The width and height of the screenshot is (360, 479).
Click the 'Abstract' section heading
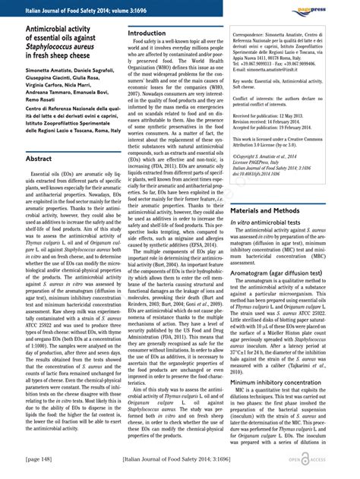(43, 159)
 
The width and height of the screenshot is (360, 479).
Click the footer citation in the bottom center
(179, 459)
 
